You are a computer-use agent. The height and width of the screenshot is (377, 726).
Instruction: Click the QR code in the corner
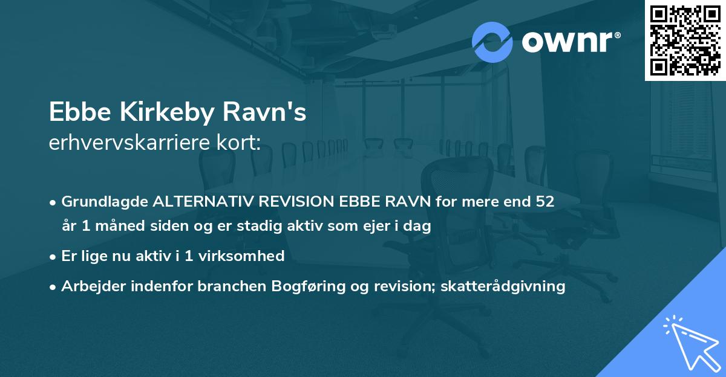coord(685,40)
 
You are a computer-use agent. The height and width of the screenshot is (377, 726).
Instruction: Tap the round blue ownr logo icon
coord(492,42)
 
